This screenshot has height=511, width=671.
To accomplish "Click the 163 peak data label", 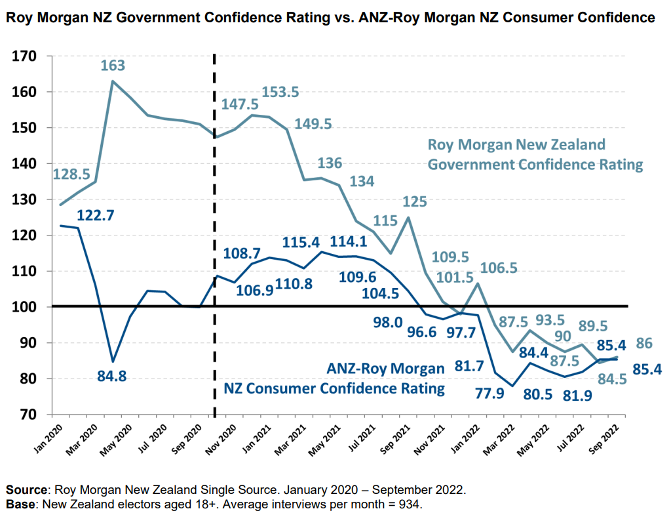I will pos(113,66).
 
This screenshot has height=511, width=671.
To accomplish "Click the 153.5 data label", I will pos(280,92).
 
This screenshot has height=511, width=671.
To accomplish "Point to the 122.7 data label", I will pos(97,215).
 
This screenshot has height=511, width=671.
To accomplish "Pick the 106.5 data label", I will pos(500,268).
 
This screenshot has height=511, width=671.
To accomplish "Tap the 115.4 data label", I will pos(303,243).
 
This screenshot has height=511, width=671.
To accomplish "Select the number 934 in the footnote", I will pos(410,503).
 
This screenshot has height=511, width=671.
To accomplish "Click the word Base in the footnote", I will pos(20,503).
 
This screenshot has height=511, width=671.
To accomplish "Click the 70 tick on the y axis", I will pos(29,415).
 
